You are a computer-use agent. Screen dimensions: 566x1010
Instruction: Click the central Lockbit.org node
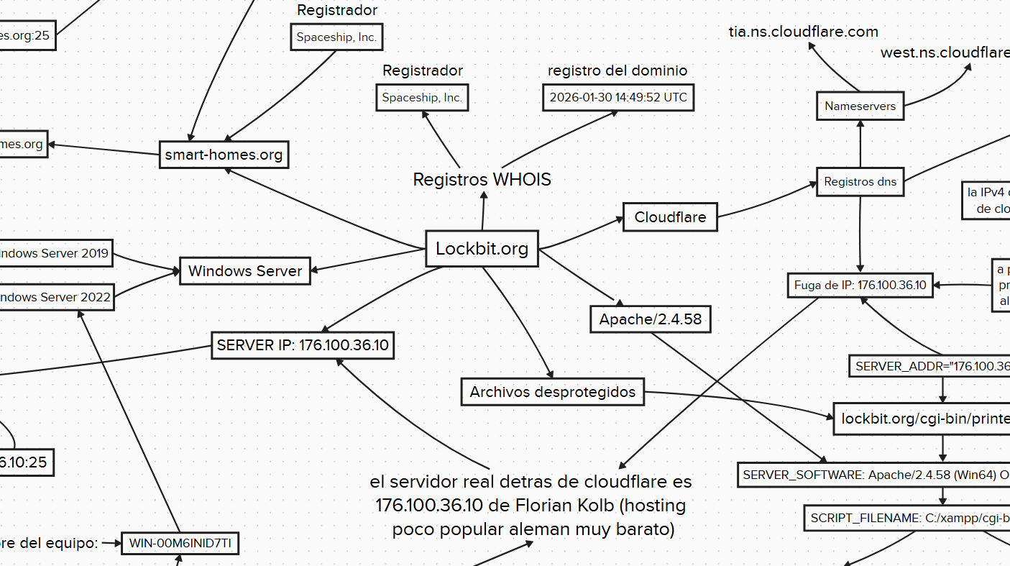tap(482, 249)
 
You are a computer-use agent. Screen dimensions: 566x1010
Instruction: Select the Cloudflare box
tap(670, 217)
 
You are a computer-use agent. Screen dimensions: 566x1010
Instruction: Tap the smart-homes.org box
tap(224, 155)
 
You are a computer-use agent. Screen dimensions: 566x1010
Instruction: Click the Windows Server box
tap(245, 271)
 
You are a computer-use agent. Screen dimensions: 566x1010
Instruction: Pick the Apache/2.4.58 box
tap(651, 319)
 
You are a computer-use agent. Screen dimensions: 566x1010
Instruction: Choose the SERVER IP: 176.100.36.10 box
tap(303, 345)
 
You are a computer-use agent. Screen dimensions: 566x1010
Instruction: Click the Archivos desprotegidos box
tap(552, 392)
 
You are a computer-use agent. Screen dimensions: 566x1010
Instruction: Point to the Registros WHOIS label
tap(482, 180)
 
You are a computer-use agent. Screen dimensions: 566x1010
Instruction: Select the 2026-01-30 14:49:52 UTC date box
tap(618, 97)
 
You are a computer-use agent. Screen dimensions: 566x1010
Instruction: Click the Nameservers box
tap(860, 106)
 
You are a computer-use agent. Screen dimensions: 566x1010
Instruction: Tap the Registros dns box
tap(860, 182)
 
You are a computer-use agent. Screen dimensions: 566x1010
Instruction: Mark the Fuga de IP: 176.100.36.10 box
tap(860, 286)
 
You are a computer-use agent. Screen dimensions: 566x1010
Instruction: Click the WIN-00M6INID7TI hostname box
tap(180, 544)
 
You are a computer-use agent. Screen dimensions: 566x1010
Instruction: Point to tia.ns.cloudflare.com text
tap(803, 32)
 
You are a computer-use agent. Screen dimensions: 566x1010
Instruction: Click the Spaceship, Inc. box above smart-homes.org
tap(336, 37)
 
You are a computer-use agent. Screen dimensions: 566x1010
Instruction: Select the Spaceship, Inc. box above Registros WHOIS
tap(422, 98)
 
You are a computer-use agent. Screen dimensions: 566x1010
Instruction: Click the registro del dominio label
tap(617, 70)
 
